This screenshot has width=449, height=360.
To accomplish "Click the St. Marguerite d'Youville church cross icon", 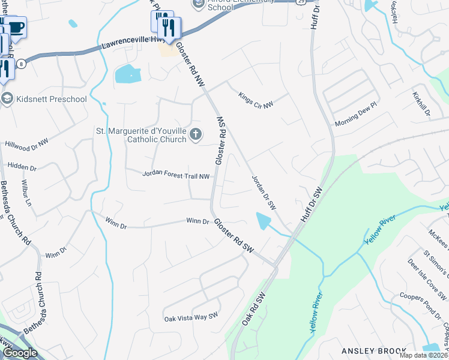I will [195, 135].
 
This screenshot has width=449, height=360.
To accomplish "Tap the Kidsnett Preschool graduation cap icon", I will [7, 99].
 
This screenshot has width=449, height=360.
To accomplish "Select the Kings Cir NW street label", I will [256, 100].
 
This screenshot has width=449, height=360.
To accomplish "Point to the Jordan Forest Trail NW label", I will [176, 176].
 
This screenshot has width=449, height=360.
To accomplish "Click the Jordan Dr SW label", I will [264, 193].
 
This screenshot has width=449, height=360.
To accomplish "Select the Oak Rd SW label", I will [253, 310].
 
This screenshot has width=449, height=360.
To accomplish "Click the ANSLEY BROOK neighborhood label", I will [371, 350].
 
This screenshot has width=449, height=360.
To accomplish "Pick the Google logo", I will [20, 353].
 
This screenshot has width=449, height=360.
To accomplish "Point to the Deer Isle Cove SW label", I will [427, 280].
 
